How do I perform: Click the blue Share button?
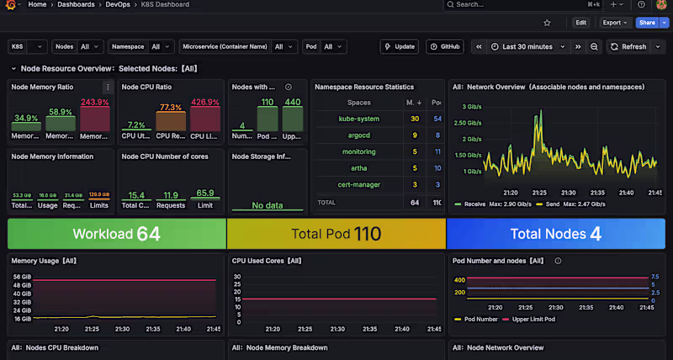(646, 23)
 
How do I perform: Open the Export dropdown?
(616, 23)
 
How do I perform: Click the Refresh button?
(628, 47)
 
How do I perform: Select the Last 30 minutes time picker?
(527, 47)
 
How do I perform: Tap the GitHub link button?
(445, 47)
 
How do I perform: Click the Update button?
(399, 47)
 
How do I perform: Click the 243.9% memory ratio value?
(95, 103)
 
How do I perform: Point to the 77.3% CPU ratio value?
(171, 108)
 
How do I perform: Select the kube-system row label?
(358, 119)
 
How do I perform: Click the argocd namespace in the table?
(358, 135)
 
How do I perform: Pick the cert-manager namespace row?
(358, 184)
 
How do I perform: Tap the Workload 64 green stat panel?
(116, 234)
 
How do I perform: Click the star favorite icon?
(548, 23)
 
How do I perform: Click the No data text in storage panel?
(267, 205)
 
